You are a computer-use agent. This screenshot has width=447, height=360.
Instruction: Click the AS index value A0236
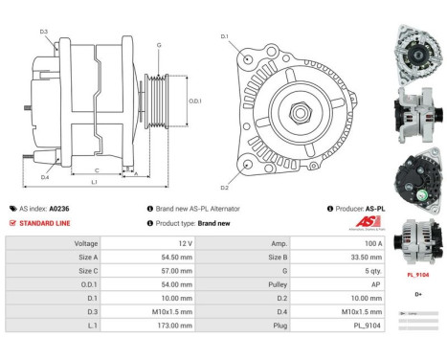(59, 208)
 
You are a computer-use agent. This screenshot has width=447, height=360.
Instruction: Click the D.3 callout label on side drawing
(44, 32)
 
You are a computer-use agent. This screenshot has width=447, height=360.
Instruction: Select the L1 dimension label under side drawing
(94, 182)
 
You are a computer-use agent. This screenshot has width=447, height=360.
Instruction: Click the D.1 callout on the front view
(225, 36)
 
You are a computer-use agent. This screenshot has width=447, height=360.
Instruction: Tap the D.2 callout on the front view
(224, 187)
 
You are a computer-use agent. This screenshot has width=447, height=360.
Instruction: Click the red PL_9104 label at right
(417, 274)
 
